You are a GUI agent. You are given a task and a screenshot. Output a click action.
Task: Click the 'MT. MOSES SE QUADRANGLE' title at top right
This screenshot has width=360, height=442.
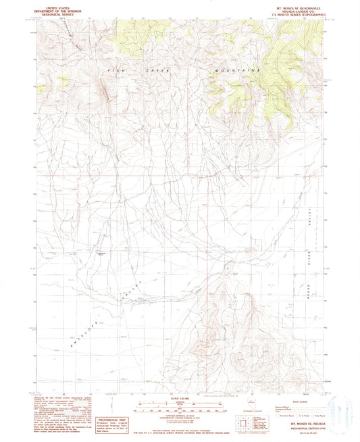(x=295, y=7)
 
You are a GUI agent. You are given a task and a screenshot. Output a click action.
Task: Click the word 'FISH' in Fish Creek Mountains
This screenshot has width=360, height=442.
(x=113, y=70)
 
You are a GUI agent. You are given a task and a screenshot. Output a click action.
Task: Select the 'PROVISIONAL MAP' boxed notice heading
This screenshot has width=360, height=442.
(x=109, y=419)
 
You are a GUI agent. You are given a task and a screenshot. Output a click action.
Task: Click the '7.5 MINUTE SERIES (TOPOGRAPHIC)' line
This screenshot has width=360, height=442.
(x=295, y=16)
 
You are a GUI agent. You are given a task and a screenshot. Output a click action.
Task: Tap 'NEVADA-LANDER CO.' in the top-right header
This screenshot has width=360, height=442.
(x=295, y=11)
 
